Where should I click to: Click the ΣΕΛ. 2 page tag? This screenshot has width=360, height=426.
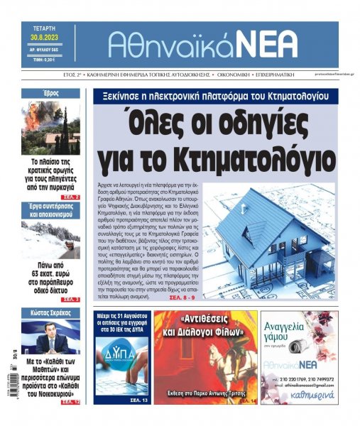(70, 196)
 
